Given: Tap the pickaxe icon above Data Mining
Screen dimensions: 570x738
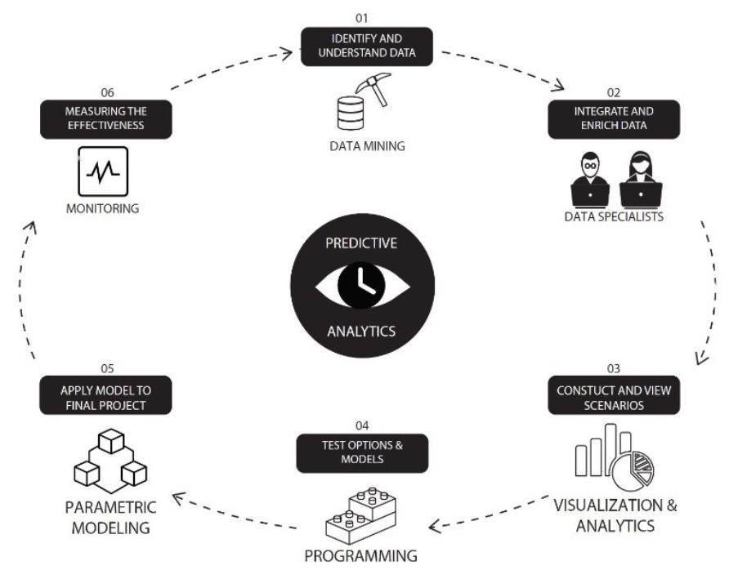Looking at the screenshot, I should pos(373,90).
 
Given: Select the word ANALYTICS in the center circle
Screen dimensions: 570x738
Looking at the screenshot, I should pos(360,332).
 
